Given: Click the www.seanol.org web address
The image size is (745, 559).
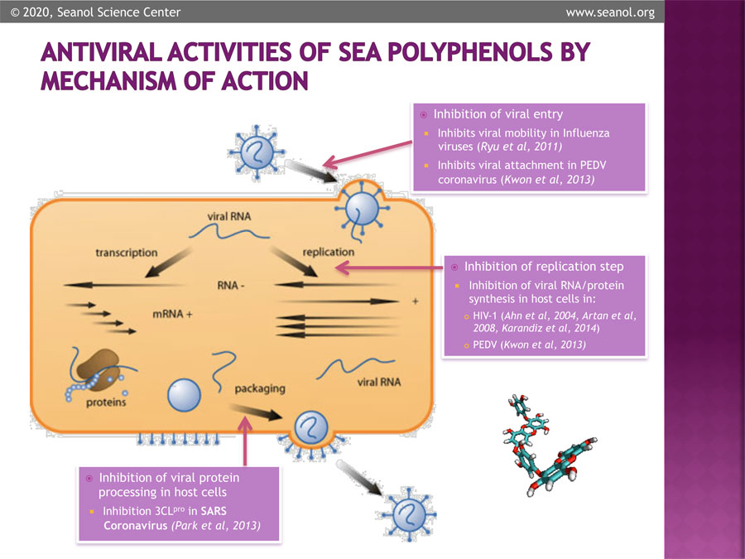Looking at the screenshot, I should click(x=609, y=12).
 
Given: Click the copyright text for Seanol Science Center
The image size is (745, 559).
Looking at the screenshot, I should click(x=94, y=12).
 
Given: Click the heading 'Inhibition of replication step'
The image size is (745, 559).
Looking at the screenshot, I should click(x=544, y=267).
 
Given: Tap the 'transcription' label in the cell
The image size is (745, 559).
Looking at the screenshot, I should click(x=126, y=252).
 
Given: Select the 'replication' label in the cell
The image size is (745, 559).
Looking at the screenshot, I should click(x=329, y=252).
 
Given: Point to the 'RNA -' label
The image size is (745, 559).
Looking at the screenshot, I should click(x=234, y=286).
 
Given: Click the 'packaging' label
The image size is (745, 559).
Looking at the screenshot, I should click(x=259, y=387).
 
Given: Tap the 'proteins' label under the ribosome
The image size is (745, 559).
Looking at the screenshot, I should click(x=105, y=403).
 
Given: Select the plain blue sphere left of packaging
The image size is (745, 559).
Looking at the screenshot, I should click(x=185, y=396).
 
